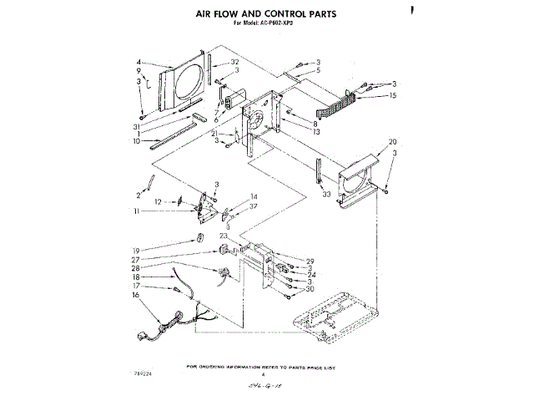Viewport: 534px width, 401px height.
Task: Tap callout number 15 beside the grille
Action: click(x=392, y=96)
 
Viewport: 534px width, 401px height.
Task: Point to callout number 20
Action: click(x=392, y=141)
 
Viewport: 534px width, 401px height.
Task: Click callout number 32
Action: click(x=235, y=63)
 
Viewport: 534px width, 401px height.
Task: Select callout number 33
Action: click(x=326, y=194)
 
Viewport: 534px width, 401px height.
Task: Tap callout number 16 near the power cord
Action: click(x=134, y=295)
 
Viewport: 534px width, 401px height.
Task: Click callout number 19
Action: click(x=135, y=249)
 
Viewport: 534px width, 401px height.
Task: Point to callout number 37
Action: click(x=254, y=206)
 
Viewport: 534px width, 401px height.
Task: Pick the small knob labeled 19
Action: click(x=200, y=242)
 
